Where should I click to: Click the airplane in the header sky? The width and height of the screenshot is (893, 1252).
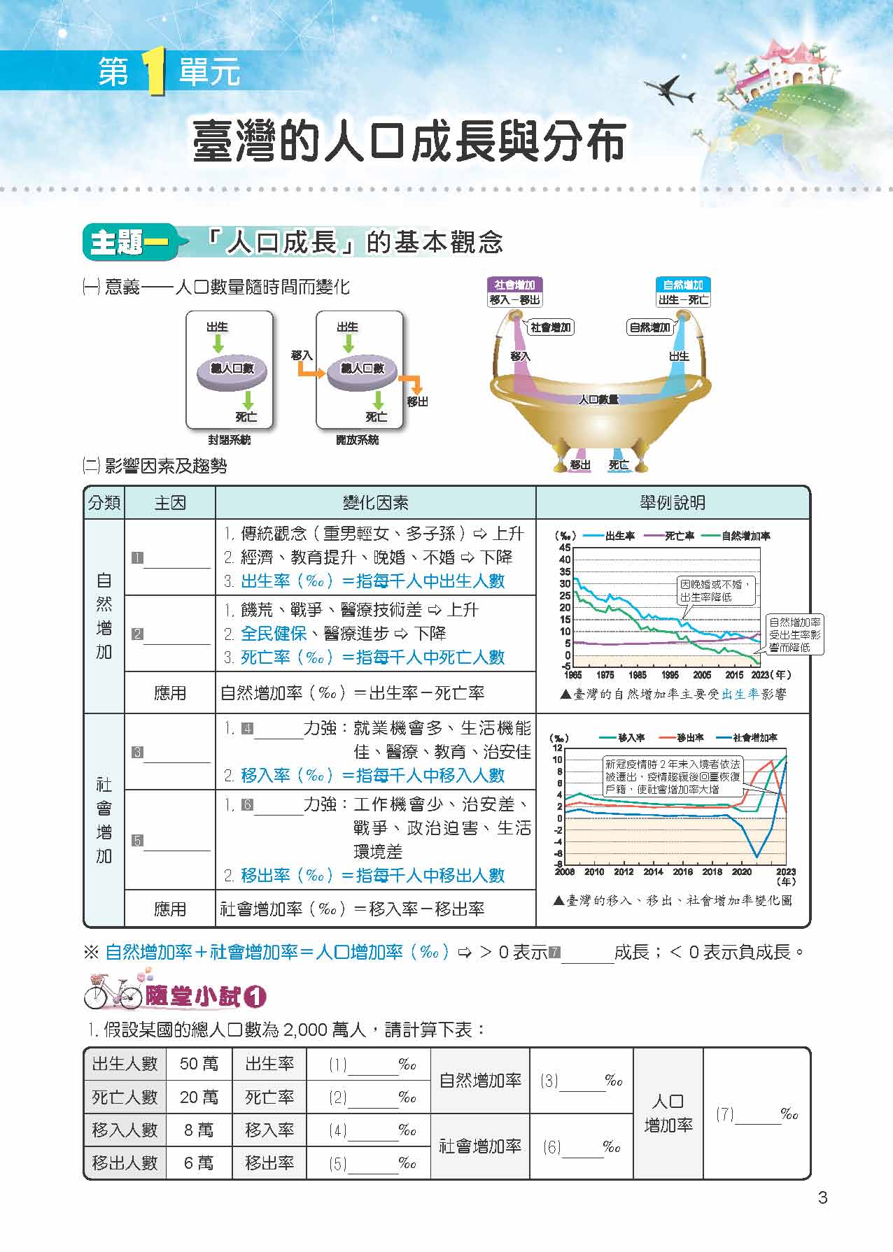[668, 89]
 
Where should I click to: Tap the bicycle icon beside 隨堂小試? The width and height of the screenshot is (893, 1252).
[113, 991]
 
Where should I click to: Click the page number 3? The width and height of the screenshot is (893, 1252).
[822, 1198]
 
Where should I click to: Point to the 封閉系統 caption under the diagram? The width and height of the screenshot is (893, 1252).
[229, 440]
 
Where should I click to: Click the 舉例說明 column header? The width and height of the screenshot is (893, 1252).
[673, 503]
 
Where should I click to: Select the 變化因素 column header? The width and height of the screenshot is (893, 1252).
[375, 503]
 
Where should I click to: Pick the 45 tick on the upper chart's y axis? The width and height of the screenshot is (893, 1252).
[565, 548]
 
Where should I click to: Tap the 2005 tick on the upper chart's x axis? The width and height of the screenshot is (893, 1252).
[702, 675]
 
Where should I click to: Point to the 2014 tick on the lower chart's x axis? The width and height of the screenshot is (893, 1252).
[653, 872]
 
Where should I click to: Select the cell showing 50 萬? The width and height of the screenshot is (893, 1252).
[199, 1064]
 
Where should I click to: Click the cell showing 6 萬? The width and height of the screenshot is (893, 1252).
[199, 1162]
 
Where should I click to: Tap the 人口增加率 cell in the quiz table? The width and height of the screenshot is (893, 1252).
[668, 1114]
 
